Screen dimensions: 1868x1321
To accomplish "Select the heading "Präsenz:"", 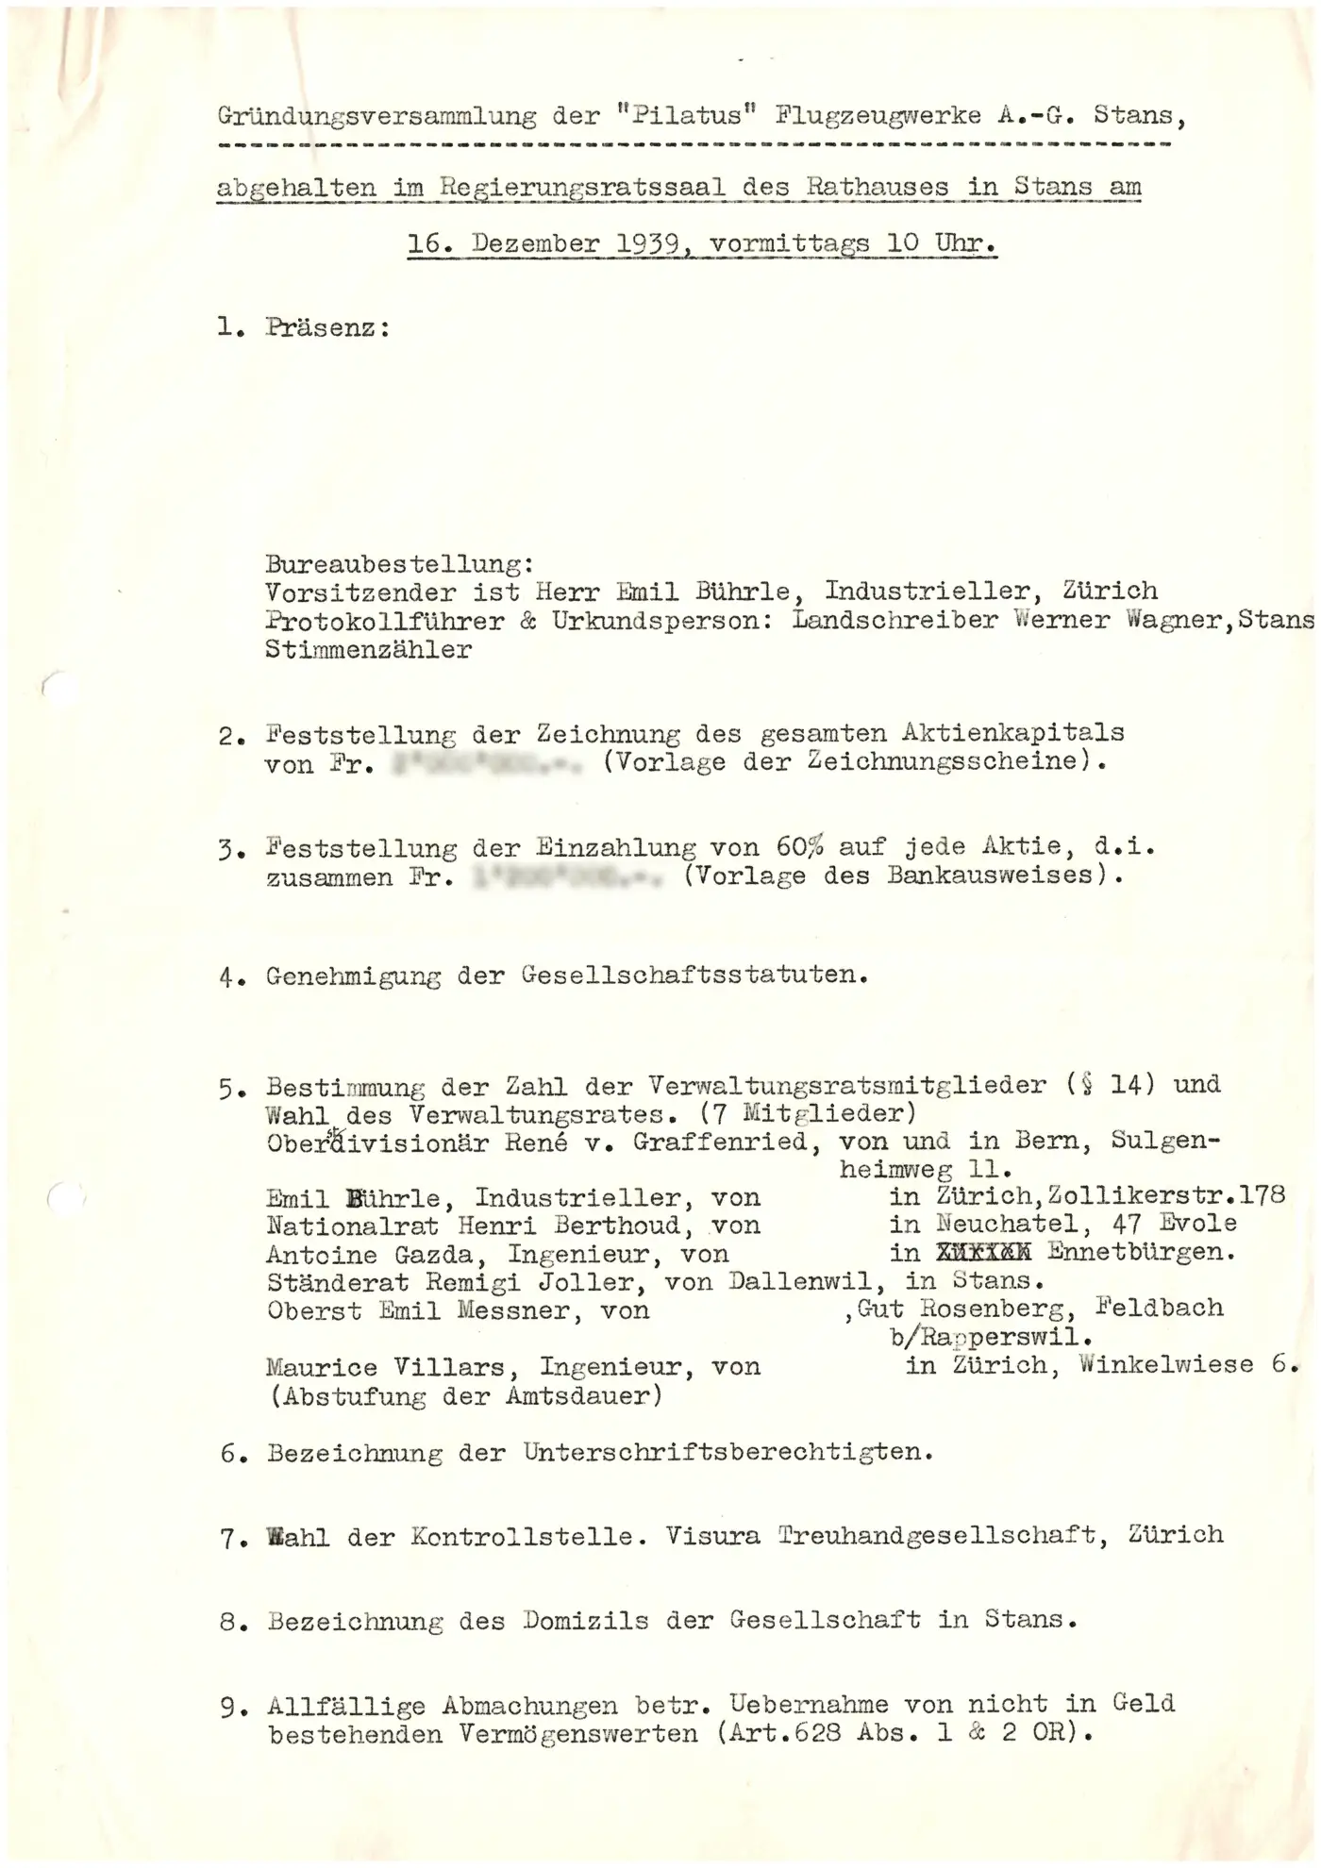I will pos(328,328).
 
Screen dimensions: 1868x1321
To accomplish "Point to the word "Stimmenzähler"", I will pos(369,649).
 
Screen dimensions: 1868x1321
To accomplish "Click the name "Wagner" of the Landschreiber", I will pos(1175,620).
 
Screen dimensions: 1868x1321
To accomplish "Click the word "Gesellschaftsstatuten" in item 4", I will pos(694,976).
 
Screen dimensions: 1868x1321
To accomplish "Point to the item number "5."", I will pos(232,1089).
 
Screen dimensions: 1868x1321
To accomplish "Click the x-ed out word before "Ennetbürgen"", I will pos(982,1253).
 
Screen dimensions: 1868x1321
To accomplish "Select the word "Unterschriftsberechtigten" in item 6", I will pos(728,1452).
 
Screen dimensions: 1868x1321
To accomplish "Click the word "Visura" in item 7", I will pos(712,1536).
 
